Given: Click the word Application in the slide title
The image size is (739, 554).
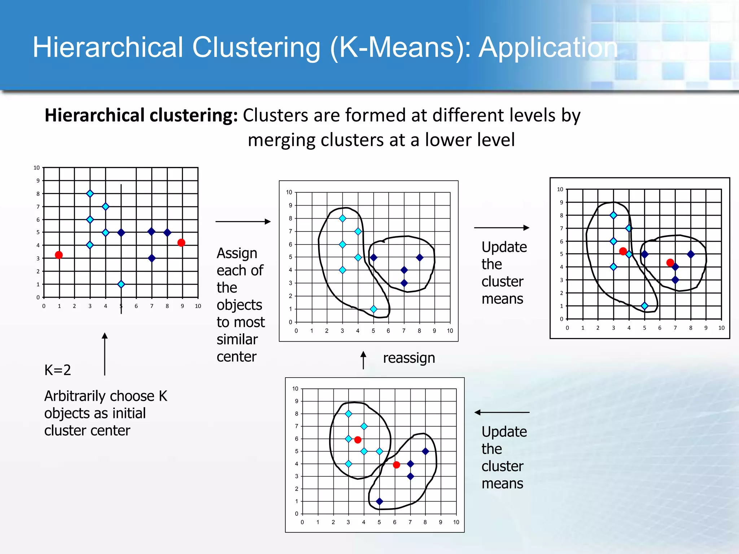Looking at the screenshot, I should coord(548,48).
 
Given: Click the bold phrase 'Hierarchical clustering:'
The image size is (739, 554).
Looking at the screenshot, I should coord(141,116).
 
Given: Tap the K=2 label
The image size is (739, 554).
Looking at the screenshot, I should coord(57,370).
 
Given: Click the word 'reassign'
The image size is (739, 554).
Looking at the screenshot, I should coord(409,358).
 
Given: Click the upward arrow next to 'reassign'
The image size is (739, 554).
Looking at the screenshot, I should coord(363,360).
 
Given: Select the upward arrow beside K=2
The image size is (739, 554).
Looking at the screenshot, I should coord(105,353).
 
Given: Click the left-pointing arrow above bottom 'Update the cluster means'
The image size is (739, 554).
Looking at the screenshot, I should coord(502,412).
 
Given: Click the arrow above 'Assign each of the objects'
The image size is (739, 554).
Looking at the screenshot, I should coord(243,221).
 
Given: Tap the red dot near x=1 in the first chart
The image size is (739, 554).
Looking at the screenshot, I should coord(59,255).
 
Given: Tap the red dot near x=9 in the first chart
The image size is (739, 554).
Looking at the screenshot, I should coord(182,243).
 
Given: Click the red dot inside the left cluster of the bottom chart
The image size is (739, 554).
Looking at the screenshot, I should coord(358,440).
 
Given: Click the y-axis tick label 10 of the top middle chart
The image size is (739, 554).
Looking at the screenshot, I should coord(289,192).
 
